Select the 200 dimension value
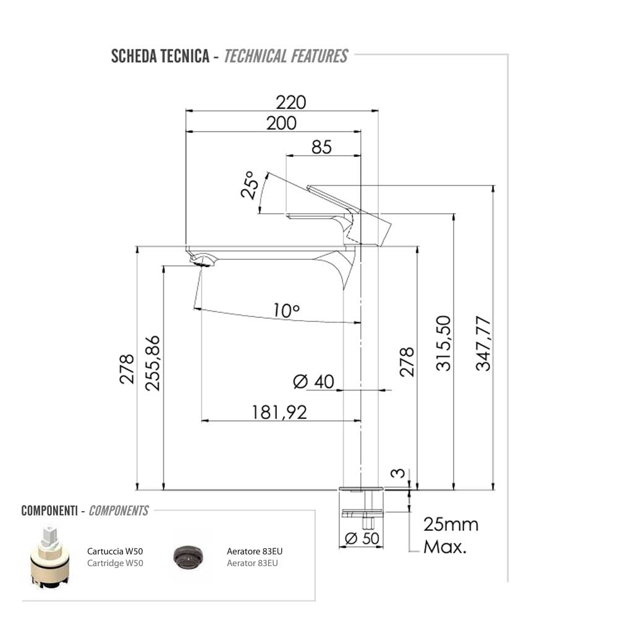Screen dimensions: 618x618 [x=281, y=124]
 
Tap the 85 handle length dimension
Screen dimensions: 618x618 [x=321, y=147]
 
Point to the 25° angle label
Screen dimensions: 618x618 [x=249, y=185]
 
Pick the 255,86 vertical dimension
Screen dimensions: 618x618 [x=152, y=363]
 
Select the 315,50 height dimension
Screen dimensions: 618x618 [x=444, y=343]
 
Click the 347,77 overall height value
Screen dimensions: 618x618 [x=483, y=343]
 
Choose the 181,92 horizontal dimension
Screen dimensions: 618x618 [x=279, y=412]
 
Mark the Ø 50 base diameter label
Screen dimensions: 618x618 [x=362, y=538]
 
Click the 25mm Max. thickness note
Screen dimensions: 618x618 [x=451, y=536]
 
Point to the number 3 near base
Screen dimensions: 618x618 [x=400, y=474]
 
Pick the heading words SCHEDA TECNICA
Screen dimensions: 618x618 [x=159, y=56]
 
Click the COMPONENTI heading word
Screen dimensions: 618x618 [x=49, y=511]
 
